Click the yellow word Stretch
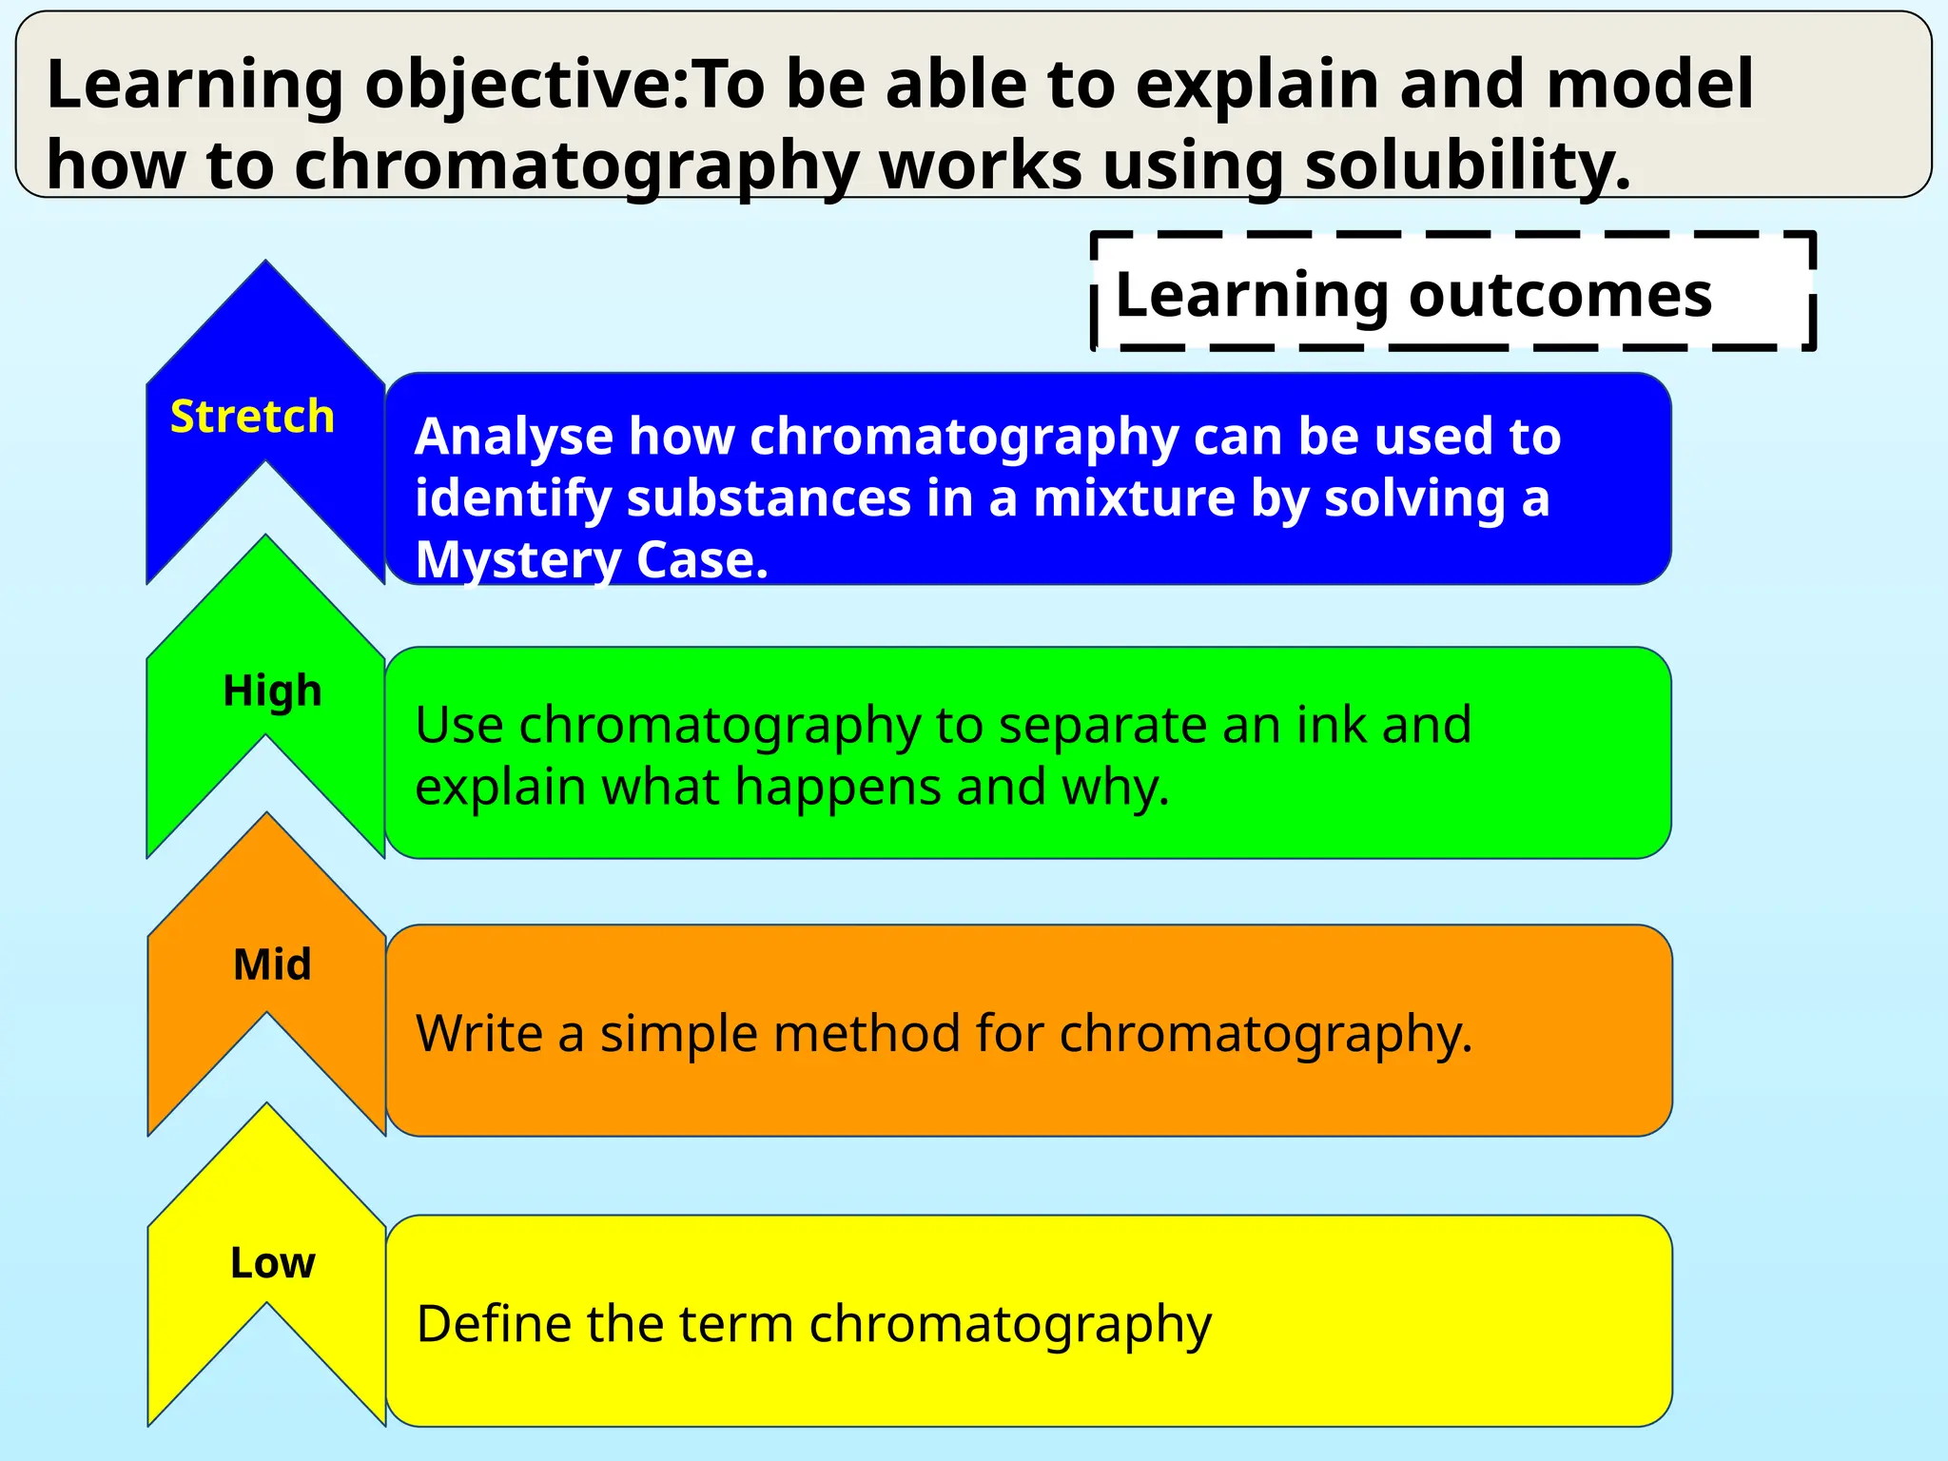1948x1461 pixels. [252, 417]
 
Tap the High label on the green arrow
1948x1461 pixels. [272, 691]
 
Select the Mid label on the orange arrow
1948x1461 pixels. [272, 964]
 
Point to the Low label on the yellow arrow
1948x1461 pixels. [272, 1263]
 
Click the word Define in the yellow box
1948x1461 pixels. [491, 1323]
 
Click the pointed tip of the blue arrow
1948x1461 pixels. [265, 263]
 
